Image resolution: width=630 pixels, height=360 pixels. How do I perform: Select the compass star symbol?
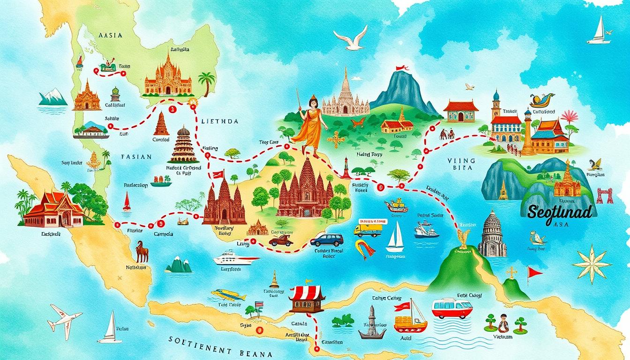click(592, 263)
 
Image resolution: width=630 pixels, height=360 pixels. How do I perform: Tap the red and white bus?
click(451, 308)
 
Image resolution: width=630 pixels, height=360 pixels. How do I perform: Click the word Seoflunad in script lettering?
click(561, 212)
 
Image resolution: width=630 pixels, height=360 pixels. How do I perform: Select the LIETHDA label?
click(220, 121)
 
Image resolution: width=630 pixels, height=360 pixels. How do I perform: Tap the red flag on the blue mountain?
click(402, 68)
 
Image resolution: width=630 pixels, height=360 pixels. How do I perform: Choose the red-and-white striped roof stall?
click(307, 296)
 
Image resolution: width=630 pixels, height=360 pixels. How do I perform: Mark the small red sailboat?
click(126, 202)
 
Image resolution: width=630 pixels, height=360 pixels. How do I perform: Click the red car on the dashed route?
click(281, 240)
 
